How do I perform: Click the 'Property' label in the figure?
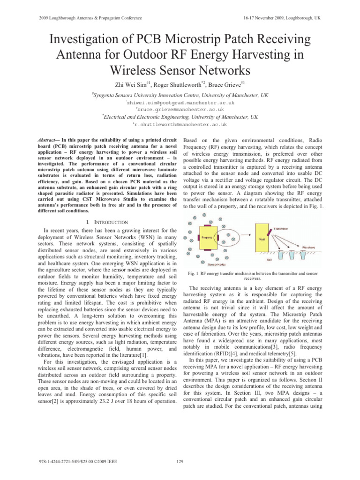(x=208, y=237)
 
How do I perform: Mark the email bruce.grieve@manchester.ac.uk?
(x=180, y=109)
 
